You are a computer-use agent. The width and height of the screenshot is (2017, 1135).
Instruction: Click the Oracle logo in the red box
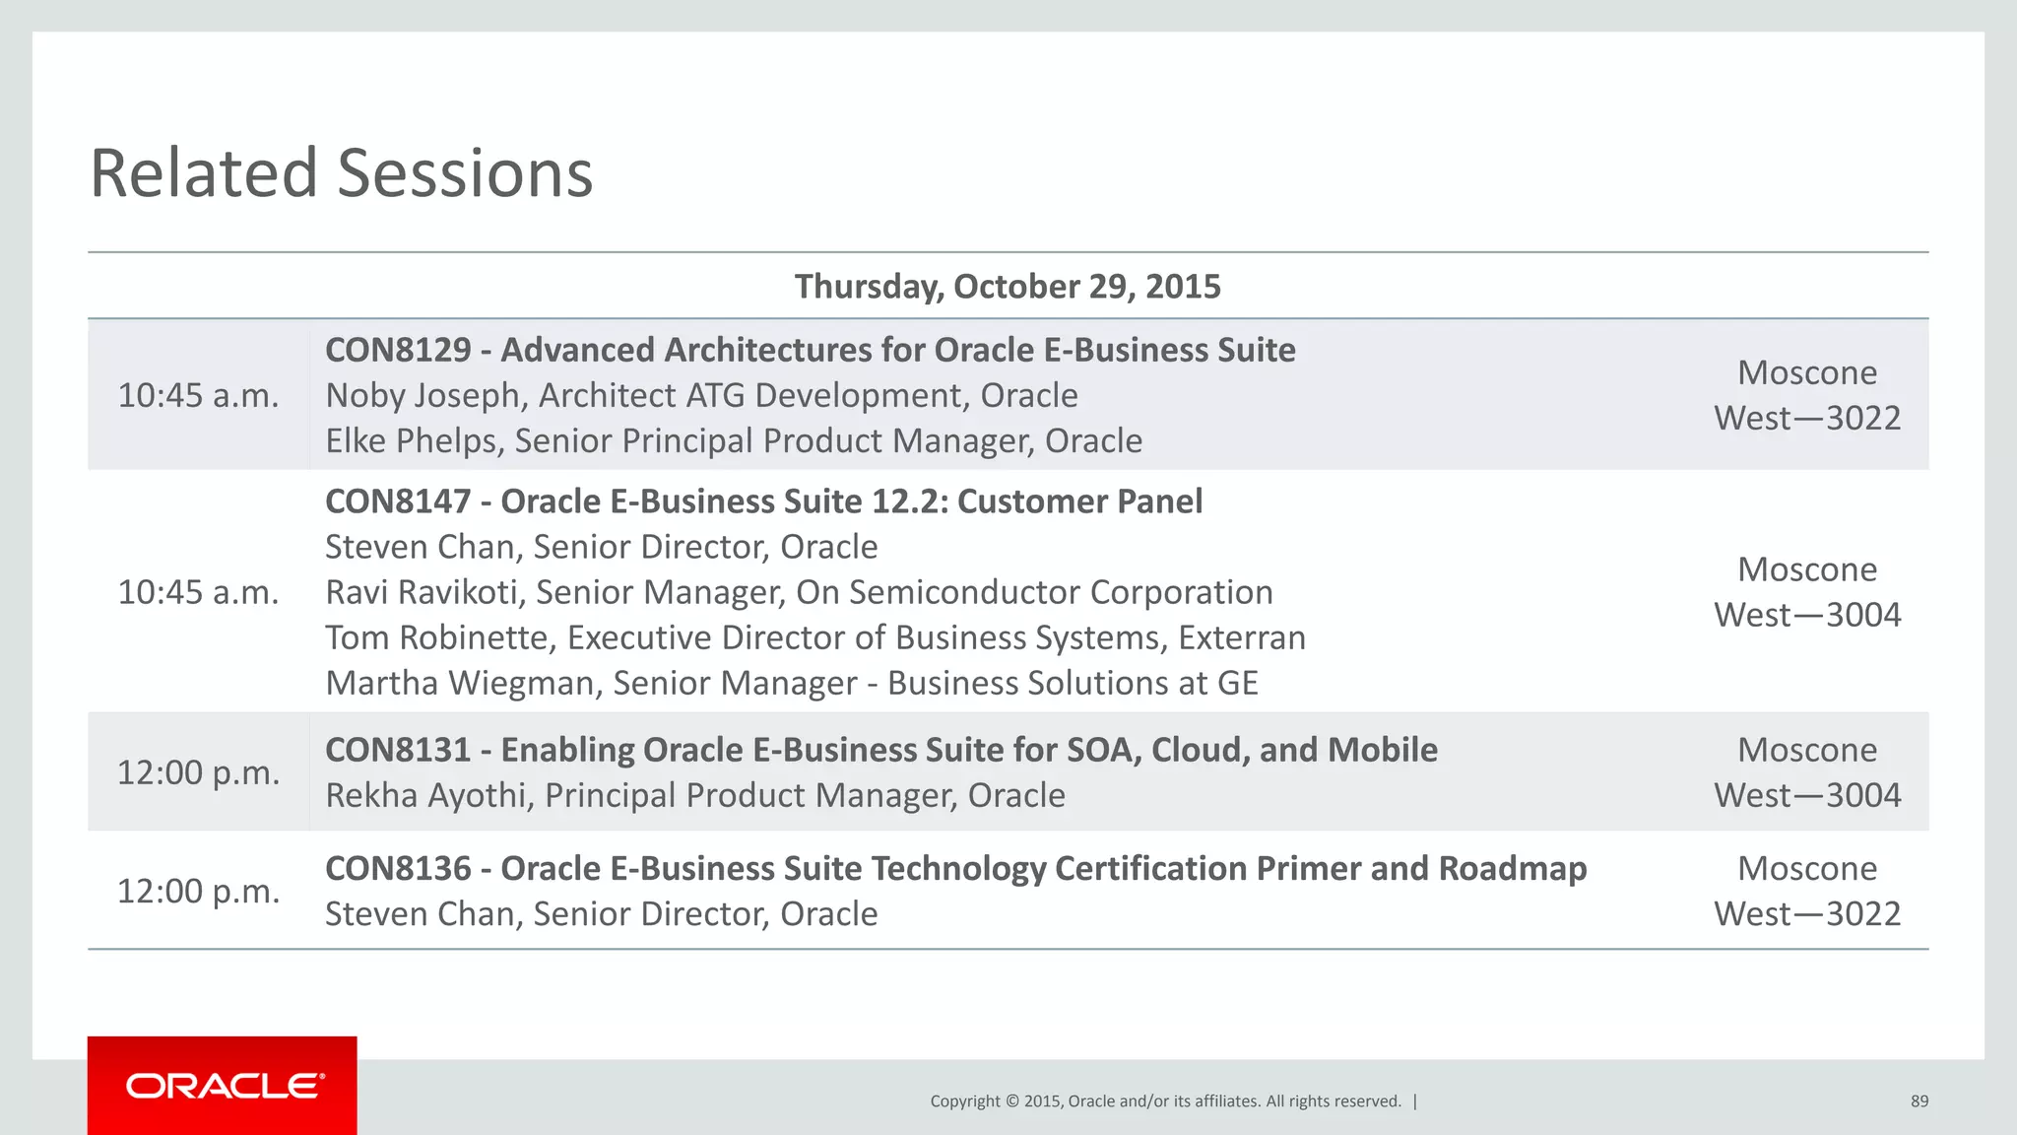point(225,1086)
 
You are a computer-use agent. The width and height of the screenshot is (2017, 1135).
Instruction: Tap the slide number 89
point(1919,1102)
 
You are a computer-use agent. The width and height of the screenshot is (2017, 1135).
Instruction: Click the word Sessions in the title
point(465,173)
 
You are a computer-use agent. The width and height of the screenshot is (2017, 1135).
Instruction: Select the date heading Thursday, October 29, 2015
point(1007,287)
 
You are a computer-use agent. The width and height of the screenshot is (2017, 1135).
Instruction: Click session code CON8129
point(398,350)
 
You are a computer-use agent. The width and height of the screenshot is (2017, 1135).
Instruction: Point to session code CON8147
point(398,501)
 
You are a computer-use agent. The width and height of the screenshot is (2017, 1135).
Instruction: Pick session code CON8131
point(398,750)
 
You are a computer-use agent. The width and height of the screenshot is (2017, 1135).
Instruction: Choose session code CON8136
point(398,868)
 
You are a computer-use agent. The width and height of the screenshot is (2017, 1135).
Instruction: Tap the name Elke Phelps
point(411,440)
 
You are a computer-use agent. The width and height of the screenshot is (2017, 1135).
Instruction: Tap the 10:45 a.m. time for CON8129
point(198,395)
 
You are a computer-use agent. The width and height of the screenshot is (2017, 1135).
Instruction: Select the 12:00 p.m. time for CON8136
point(198,891)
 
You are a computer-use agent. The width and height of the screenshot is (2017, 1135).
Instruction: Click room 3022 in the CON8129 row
point(1863,418)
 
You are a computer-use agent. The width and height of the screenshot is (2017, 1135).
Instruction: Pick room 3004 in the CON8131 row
point(1863,795)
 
